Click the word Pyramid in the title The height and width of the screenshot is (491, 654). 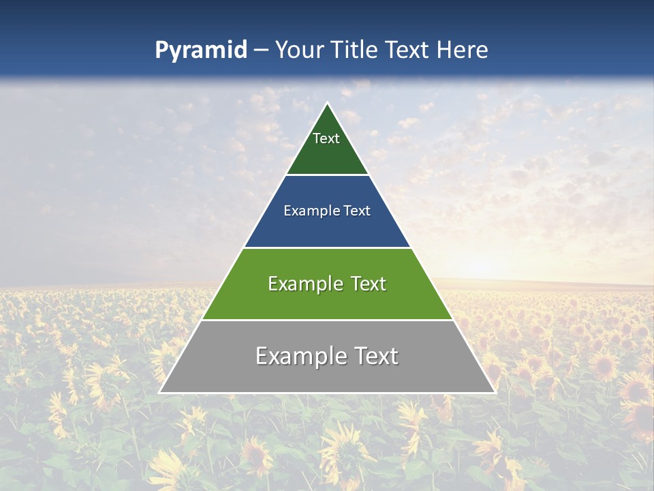tap(200, 50)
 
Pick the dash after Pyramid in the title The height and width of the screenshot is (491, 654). tap(260, 50)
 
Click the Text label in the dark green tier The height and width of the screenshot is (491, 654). tap(326, 138)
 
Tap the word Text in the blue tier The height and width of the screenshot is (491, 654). tap(358, 211)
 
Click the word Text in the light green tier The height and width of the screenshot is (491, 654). tap(369, 284)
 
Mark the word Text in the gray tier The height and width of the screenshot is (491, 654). tap(375, 356)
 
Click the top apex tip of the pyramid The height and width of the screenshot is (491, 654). tap(327, 103)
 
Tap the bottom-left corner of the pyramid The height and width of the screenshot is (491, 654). tap(160, 392)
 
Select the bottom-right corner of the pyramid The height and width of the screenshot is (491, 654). tap(494, 392)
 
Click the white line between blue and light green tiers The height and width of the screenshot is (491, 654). tap(327, 248)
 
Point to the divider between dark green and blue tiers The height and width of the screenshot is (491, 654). tap(327, 175)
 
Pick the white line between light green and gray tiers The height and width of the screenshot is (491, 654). tap(327, 320)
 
